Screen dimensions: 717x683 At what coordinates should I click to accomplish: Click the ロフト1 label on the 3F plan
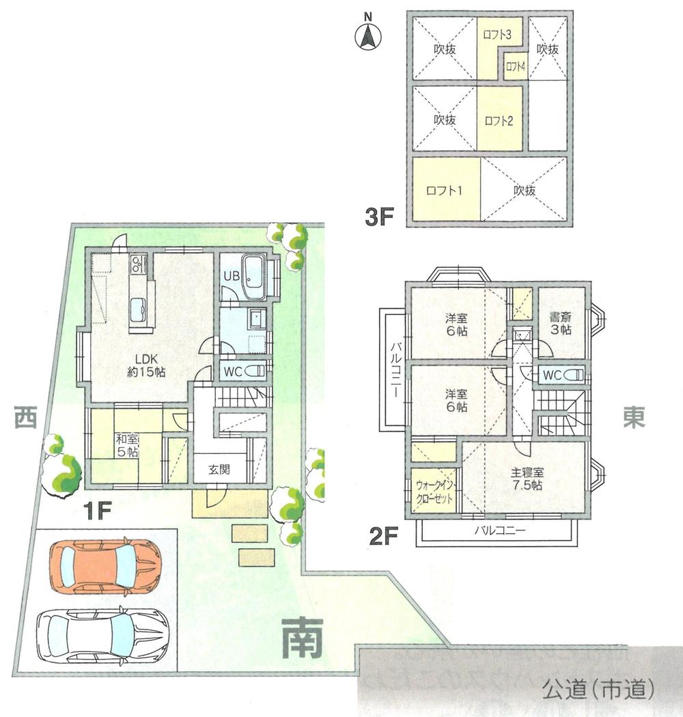[444, 191]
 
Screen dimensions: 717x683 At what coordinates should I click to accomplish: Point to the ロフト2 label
[499, 121]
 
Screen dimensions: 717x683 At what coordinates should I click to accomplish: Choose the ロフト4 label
[515, 67]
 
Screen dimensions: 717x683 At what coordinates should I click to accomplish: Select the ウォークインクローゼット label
[434, 491]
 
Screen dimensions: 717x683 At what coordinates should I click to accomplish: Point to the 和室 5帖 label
[126, 445]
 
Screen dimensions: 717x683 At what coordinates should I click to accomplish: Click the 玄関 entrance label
[219, 469]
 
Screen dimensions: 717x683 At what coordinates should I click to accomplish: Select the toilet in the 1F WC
[254, 371]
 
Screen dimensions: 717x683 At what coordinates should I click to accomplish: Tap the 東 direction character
[633, 418]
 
